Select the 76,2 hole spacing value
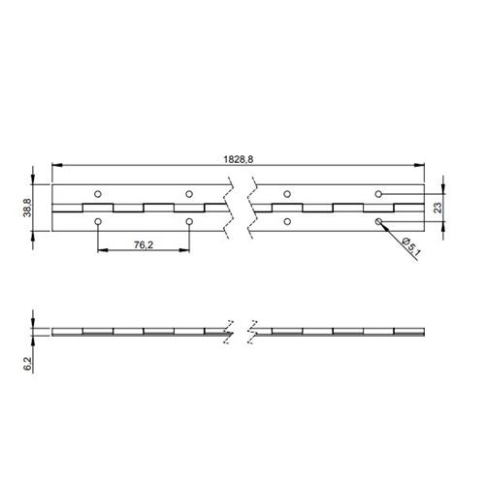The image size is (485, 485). click(144, 246)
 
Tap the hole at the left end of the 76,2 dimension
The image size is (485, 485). click(98, 222)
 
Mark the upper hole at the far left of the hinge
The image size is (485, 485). click(98, 192)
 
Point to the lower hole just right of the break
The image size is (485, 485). click(285, 222)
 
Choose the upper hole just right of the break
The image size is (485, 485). click(285, 192)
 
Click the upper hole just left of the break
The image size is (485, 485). click(190, 192)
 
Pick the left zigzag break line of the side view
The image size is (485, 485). click(229, 331)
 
